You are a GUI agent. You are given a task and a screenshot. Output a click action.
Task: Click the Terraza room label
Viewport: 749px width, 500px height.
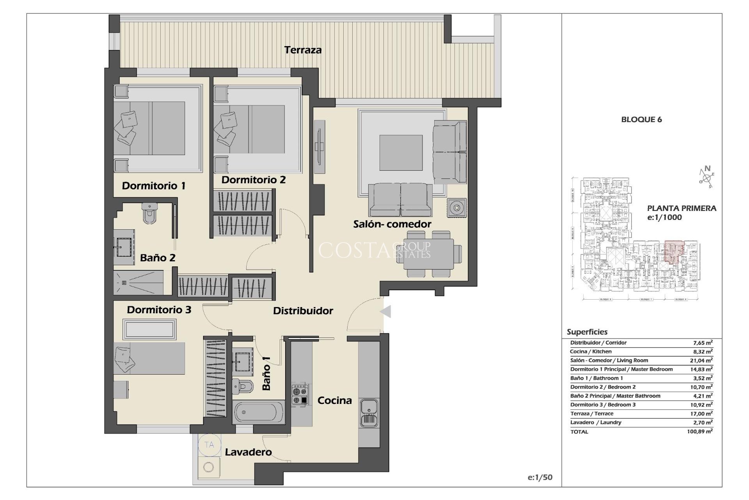(303, 50)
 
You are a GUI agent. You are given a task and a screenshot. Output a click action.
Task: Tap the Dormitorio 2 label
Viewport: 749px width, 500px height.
(254, 180)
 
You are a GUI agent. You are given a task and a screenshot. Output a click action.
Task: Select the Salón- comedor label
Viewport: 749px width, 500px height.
(392, 224)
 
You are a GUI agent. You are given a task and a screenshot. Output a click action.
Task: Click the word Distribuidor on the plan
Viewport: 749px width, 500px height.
(303, 311)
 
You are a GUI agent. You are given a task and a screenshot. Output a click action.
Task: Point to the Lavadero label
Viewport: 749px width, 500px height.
(248, 452)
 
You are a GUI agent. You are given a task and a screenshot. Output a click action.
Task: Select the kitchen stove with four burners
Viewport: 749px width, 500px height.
(300, 395)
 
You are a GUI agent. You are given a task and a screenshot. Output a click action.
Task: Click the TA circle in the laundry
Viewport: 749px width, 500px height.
(209, 445)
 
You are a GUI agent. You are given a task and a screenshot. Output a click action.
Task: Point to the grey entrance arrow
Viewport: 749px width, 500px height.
(385, 312)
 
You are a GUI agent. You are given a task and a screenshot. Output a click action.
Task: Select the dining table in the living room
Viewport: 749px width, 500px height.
(429, 254)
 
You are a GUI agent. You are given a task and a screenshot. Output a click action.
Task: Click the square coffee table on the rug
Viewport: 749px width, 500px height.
(401, 153)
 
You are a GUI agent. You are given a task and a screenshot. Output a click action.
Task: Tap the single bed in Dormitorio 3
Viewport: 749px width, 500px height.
(149, 359)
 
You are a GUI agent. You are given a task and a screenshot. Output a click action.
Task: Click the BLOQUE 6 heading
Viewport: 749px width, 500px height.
(641, 120)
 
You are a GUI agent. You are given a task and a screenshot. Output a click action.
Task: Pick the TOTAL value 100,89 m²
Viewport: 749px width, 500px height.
(700, 432)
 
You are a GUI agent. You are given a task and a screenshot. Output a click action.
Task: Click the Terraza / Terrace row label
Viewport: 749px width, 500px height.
(591, 414)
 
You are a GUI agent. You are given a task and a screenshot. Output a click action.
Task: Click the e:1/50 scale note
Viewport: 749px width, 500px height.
(540, 477)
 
